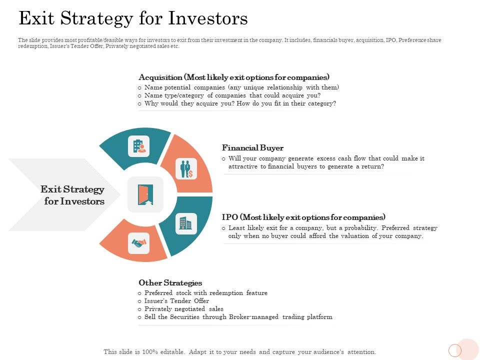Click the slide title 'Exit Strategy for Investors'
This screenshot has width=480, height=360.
click(x=133, y=18)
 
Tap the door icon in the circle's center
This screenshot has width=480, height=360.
click(x=145, y=194)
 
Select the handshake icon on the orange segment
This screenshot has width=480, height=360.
click(x=138, y=243)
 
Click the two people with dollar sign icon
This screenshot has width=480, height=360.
click(x=186, y=168)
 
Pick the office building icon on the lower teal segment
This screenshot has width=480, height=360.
click(x=186, y=223)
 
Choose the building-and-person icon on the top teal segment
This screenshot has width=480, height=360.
click(x=138, y=146)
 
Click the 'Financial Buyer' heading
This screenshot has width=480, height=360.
click(x=252, y=148)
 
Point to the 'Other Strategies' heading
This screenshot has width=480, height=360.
click(x=170, y=283)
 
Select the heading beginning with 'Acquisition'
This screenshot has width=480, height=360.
click(x=234, y=77)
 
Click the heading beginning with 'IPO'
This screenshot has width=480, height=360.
click(x=303, y=217)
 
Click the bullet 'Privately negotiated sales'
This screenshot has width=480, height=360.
click(x=183, y=309)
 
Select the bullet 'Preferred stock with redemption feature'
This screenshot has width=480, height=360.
click(x=205, y=293)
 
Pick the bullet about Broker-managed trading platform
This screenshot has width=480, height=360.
click(x=238, y=317)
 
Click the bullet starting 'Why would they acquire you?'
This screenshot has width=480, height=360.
click(x=240, y=103)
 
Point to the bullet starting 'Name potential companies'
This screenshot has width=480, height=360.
click(x=241, y=87)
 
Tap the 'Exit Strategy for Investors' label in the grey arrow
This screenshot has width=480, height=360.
click(x=73, y=195)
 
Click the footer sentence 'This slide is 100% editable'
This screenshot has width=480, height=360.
click(x=239, y=352)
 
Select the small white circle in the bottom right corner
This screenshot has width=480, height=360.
click(x=454, y=350)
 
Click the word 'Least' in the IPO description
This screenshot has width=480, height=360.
click(x=236, y=228)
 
